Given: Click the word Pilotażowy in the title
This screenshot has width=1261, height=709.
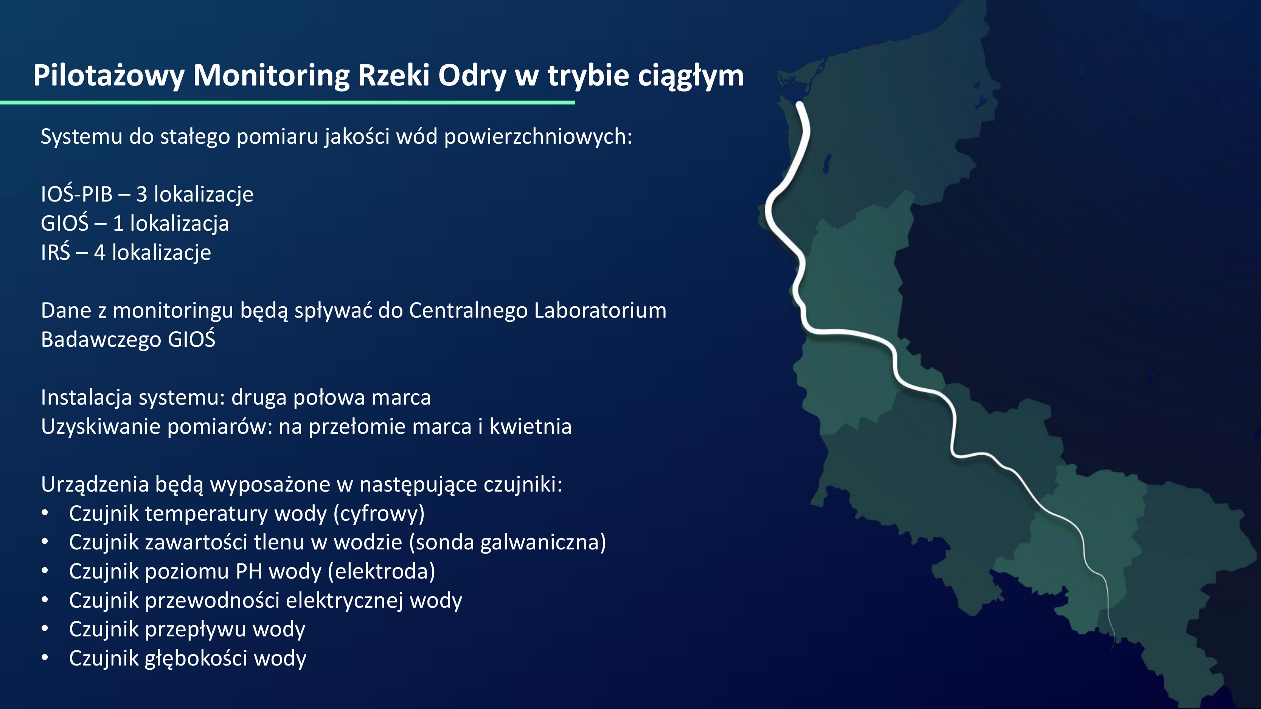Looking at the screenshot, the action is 109,76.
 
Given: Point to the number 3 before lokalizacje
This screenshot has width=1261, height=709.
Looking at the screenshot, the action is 141,194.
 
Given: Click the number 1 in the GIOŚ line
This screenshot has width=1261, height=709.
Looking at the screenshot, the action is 118,223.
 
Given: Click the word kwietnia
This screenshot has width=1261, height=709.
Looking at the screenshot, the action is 531,426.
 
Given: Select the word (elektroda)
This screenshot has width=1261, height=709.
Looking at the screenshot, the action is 381,571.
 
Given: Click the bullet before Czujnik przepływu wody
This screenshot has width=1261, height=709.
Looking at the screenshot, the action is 45,629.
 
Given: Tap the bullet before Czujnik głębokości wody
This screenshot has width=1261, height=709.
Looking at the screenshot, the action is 45,658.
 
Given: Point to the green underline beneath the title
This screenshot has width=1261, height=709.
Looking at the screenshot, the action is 287,102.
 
